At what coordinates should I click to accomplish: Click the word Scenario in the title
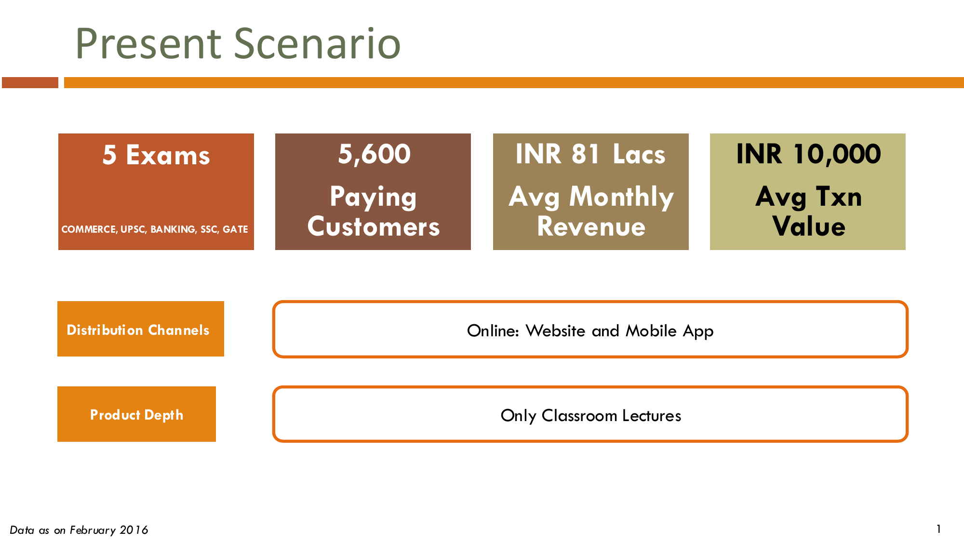pyautogui.click(x=318, y=44)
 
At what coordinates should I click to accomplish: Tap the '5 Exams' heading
pyautogui.click(x=156, y=155)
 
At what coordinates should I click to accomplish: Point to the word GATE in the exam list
pyautogui.click(x=235, y=229)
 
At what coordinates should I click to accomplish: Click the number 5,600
pyautogui.click(x=374, y=154)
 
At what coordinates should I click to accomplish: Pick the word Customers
pyautogui.click(x=374, y=226)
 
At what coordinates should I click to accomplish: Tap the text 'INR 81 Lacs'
pyautogui.click(x=590, y=154)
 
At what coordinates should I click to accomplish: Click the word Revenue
pyautogui.click(x=591, y=226)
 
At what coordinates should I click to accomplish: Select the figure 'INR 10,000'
pyautogui.click(x=808, y=154)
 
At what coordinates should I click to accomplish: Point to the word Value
pyautogui.click(x=808, y=226)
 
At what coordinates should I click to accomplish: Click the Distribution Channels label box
pyautogui.click(x=141, y=329)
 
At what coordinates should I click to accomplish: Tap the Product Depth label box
pyautogui.click(x=136, y=414)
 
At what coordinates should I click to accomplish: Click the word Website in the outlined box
pyautogui.click(x=555, y=331)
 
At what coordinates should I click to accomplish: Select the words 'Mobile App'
pyautogui.click(x=669, y=331)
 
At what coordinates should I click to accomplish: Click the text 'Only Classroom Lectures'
pyautogui.click(x=591, y=416)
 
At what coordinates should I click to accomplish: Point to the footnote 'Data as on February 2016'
pyautogui.click(x=79, y=530)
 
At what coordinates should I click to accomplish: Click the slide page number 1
pyautogui.click(x=938, y=529)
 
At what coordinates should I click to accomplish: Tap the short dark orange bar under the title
pyautogui.click(x=30, y=82)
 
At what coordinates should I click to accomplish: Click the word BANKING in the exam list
pyautogui.click(x=173, y=229)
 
